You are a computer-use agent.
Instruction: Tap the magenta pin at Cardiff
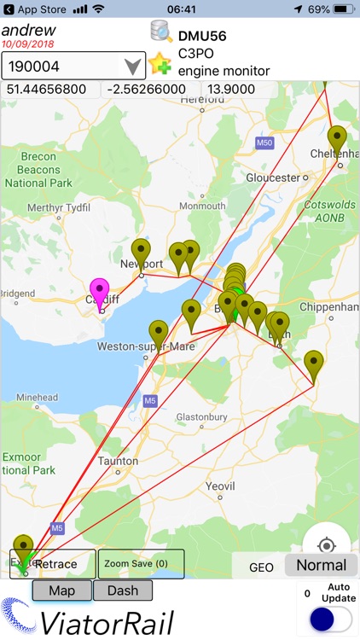click(101, 292)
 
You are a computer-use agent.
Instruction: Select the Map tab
click(61, 591)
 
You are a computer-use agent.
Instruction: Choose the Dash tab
click(123, 591)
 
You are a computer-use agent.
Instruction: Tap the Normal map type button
click(321, 565)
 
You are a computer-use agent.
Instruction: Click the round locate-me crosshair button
click(325, 545)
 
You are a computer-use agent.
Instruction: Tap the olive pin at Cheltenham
click(338, 139)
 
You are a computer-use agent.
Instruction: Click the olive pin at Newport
click(141, 253)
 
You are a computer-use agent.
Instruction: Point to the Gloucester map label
click(275, 178)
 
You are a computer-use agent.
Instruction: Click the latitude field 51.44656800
click(48, 90)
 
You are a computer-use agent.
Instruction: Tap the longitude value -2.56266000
click(150, 90)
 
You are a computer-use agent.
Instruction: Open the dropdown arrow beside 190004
click(132, 66)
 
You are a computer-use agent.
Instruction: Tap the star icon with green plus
click(159, 65)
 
